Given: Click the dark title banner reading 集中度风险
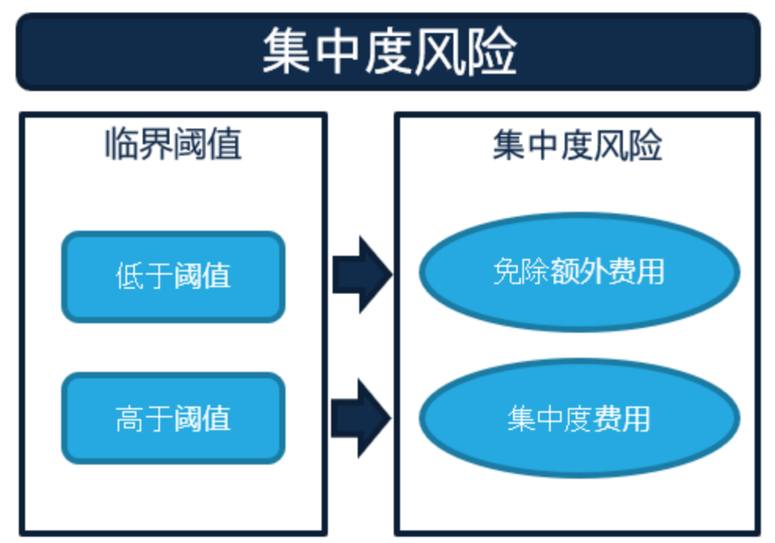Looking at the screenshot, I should pyautogui.click(x=387, y=52).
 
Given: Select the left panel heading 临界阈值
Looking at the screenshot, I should pyautogui.click(x=173, y=145).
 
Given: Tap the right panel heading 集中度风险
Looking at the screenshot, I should pyautogui.click(x=577, y=145).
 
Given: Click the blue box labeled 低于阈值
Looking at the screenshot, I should pyautogui.click(x=173, y=276).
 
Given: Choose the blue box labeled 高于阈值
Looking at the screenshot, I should pyautogui.click(x=173, y=417).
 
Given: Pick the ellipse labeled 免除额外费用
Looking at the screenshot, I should pyautogui.click(x=579, y=271).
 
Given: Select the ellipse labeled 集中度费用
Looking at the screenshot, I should pyautogui.click(x=579, y=417).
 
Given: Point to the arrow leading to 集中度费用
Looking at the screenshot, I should pyautogui.click(x=361, y=417).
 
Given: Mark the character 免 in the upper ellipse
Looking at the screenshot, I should pyautogui.click(x=507, y=271).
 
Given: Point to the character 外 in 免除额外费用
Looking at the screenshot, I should pyautogui.click(x=593, y=271).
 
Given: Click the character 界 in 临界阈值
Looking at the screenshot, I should pyautogui.click(x=155, y=145).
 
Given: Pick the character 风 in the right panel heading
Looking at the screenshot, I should pyautogui.click(x=612, y=145).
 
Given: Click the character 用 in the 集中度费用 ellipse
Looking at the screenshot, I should pyautogui.click(x=635, y=418).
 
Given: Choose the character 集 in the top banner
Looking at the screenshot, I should pyautogui.click(x=286, y=52).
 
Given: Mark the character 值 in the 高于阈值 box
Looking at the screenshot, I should pyautogui.click(x=216, y=418).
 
